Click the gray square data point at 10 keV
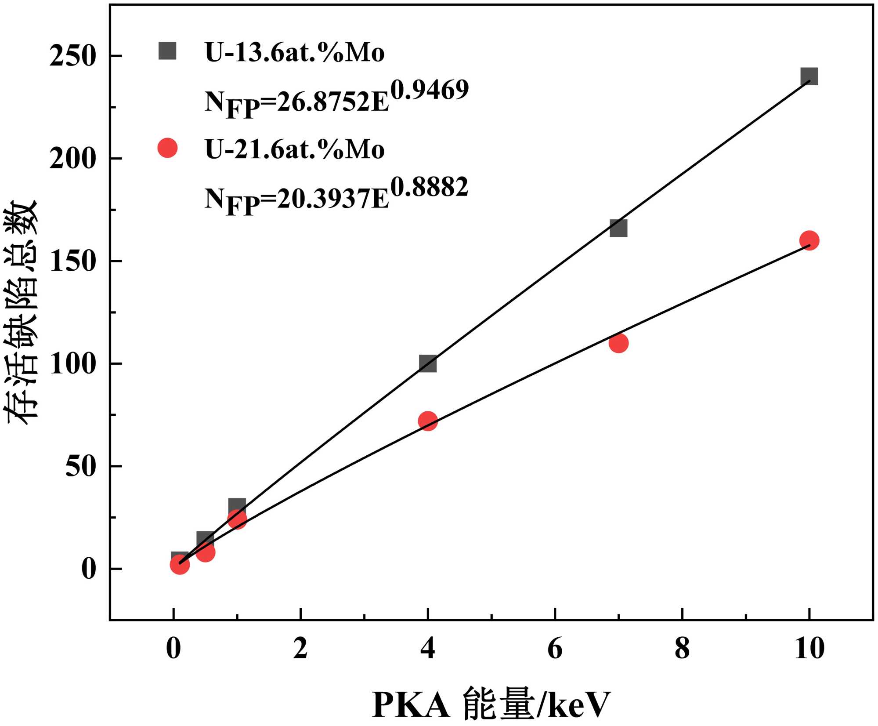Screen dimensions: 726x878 point(809,76)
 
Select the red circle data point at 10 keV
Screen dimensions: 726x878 point(809,240)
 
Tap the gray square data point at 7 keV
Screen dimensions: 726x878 point(618,228)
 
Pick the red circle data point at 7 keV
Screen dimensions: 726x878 point(618,343)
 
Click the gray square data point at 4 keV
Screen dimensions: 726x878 point(428,363)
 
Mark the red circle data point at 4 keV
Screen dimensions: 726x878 point(428,421)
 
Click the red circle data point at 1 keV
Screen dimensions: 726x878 point(237,519)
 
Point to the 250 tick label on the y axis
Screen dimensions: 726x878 point(72,56)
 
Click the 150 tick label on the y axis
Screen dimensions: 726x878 point(72,261)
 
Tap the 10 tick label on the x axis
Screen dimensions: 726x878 point(809,648)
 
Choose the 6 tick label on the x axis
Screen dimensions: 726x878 point(555,648)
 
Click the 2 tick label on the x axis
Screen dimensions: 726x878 point(300,648)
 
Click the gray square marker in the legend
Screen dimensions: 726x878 point(167,51)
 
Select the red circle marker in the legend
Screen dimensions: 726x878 point(167,148)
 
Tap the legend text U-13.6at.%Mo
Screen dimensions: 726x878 point(295,52)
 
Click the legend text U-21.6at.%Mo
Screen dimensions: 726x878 point(295,149)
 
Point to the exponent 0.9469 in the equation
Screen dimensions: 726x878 point(430,90)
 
